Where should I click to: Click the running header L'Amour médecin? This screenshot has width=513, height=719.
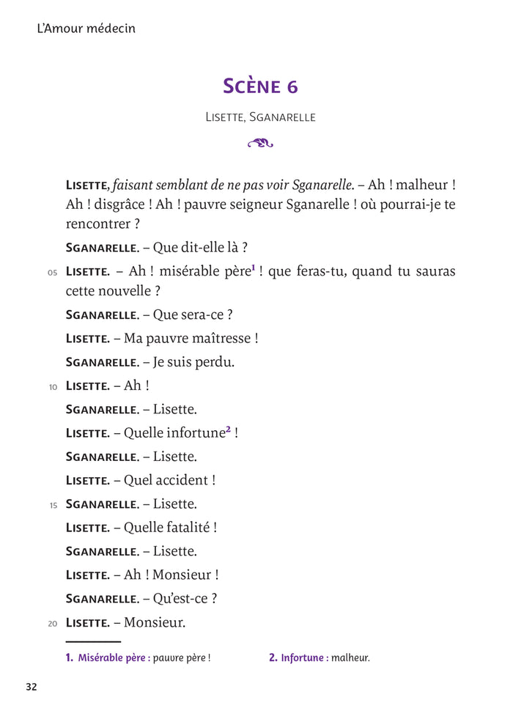click(x=86, y=29)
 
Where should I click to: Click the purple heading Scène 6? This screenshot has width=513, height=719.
click(x=260, y=86)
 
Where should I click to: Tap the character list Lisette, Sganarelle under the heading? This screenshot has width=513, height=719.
click(x=260, y=117)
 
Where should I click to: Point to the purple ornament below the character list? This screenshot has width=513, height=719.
click(x=260, y=143)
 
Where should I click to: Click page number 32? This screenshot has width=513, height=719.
click(x=31, y=687)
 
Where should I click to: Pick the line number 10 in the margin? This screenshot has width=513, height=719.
click(x=53, y=387)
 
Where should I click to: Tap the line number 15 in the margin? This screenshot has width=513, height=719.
click(x=53, y=506)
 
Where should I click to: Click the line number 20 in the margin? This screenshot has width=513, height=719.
click(x=53, y=624)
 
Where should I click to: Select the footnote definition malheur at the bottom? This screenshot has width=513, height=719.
click(x=350, y=658)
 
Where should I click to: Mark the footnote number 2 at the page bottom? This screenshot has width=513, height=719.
click(x=273, y=658)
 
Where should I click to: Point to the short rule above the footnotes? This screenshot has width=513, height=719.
click(x=93, y=641)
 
